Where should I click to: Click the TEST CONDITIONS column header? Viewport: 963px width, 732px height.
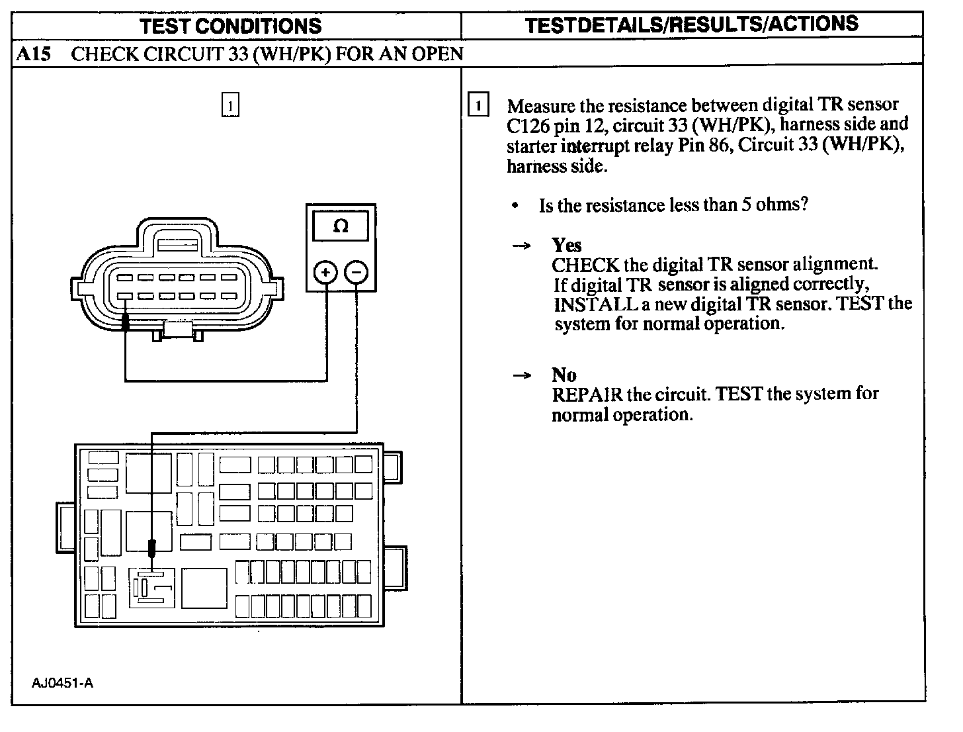(x=231, y=26)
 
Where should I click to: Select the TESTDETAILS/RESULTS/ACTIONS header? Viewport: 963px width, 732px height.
(x=691, y=24)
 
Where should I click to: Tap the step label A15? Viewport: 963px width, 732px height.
(x=32, y=54)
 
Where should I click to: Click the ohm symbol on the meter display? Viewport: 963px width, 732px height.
(x=341, y=226)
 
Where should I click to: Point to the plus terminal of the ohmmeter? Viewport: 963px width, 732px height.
(x=325, y=272)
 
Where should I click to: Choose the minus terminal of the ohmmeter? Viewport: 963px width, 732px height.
(x=356, y=272)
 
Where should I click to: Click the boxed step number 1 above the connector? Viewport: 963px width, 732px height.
(x=230, y=105)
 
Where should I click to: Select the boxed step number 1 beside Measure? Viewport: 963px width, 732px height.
(x=478, y=105)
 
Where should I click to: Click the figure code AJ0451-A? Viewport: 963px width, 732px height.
(x=62, y=683)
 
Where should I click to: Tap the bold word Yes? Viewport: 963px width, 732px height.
(x=567, y=246)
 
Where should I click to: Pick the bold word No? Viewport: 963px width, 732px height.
(x=564, y=375)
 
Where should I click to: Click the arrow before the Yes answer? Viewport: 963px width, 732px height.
(x=522, y=246)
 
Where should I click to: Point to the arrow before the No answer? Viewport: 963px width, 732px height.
(x=522, y=376)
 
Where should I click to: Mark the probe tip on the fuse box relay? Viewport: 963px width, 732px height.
(x=152, y=549)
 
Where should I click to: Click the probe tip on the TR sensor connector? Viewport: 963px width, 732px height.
(x=125, y=322)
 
